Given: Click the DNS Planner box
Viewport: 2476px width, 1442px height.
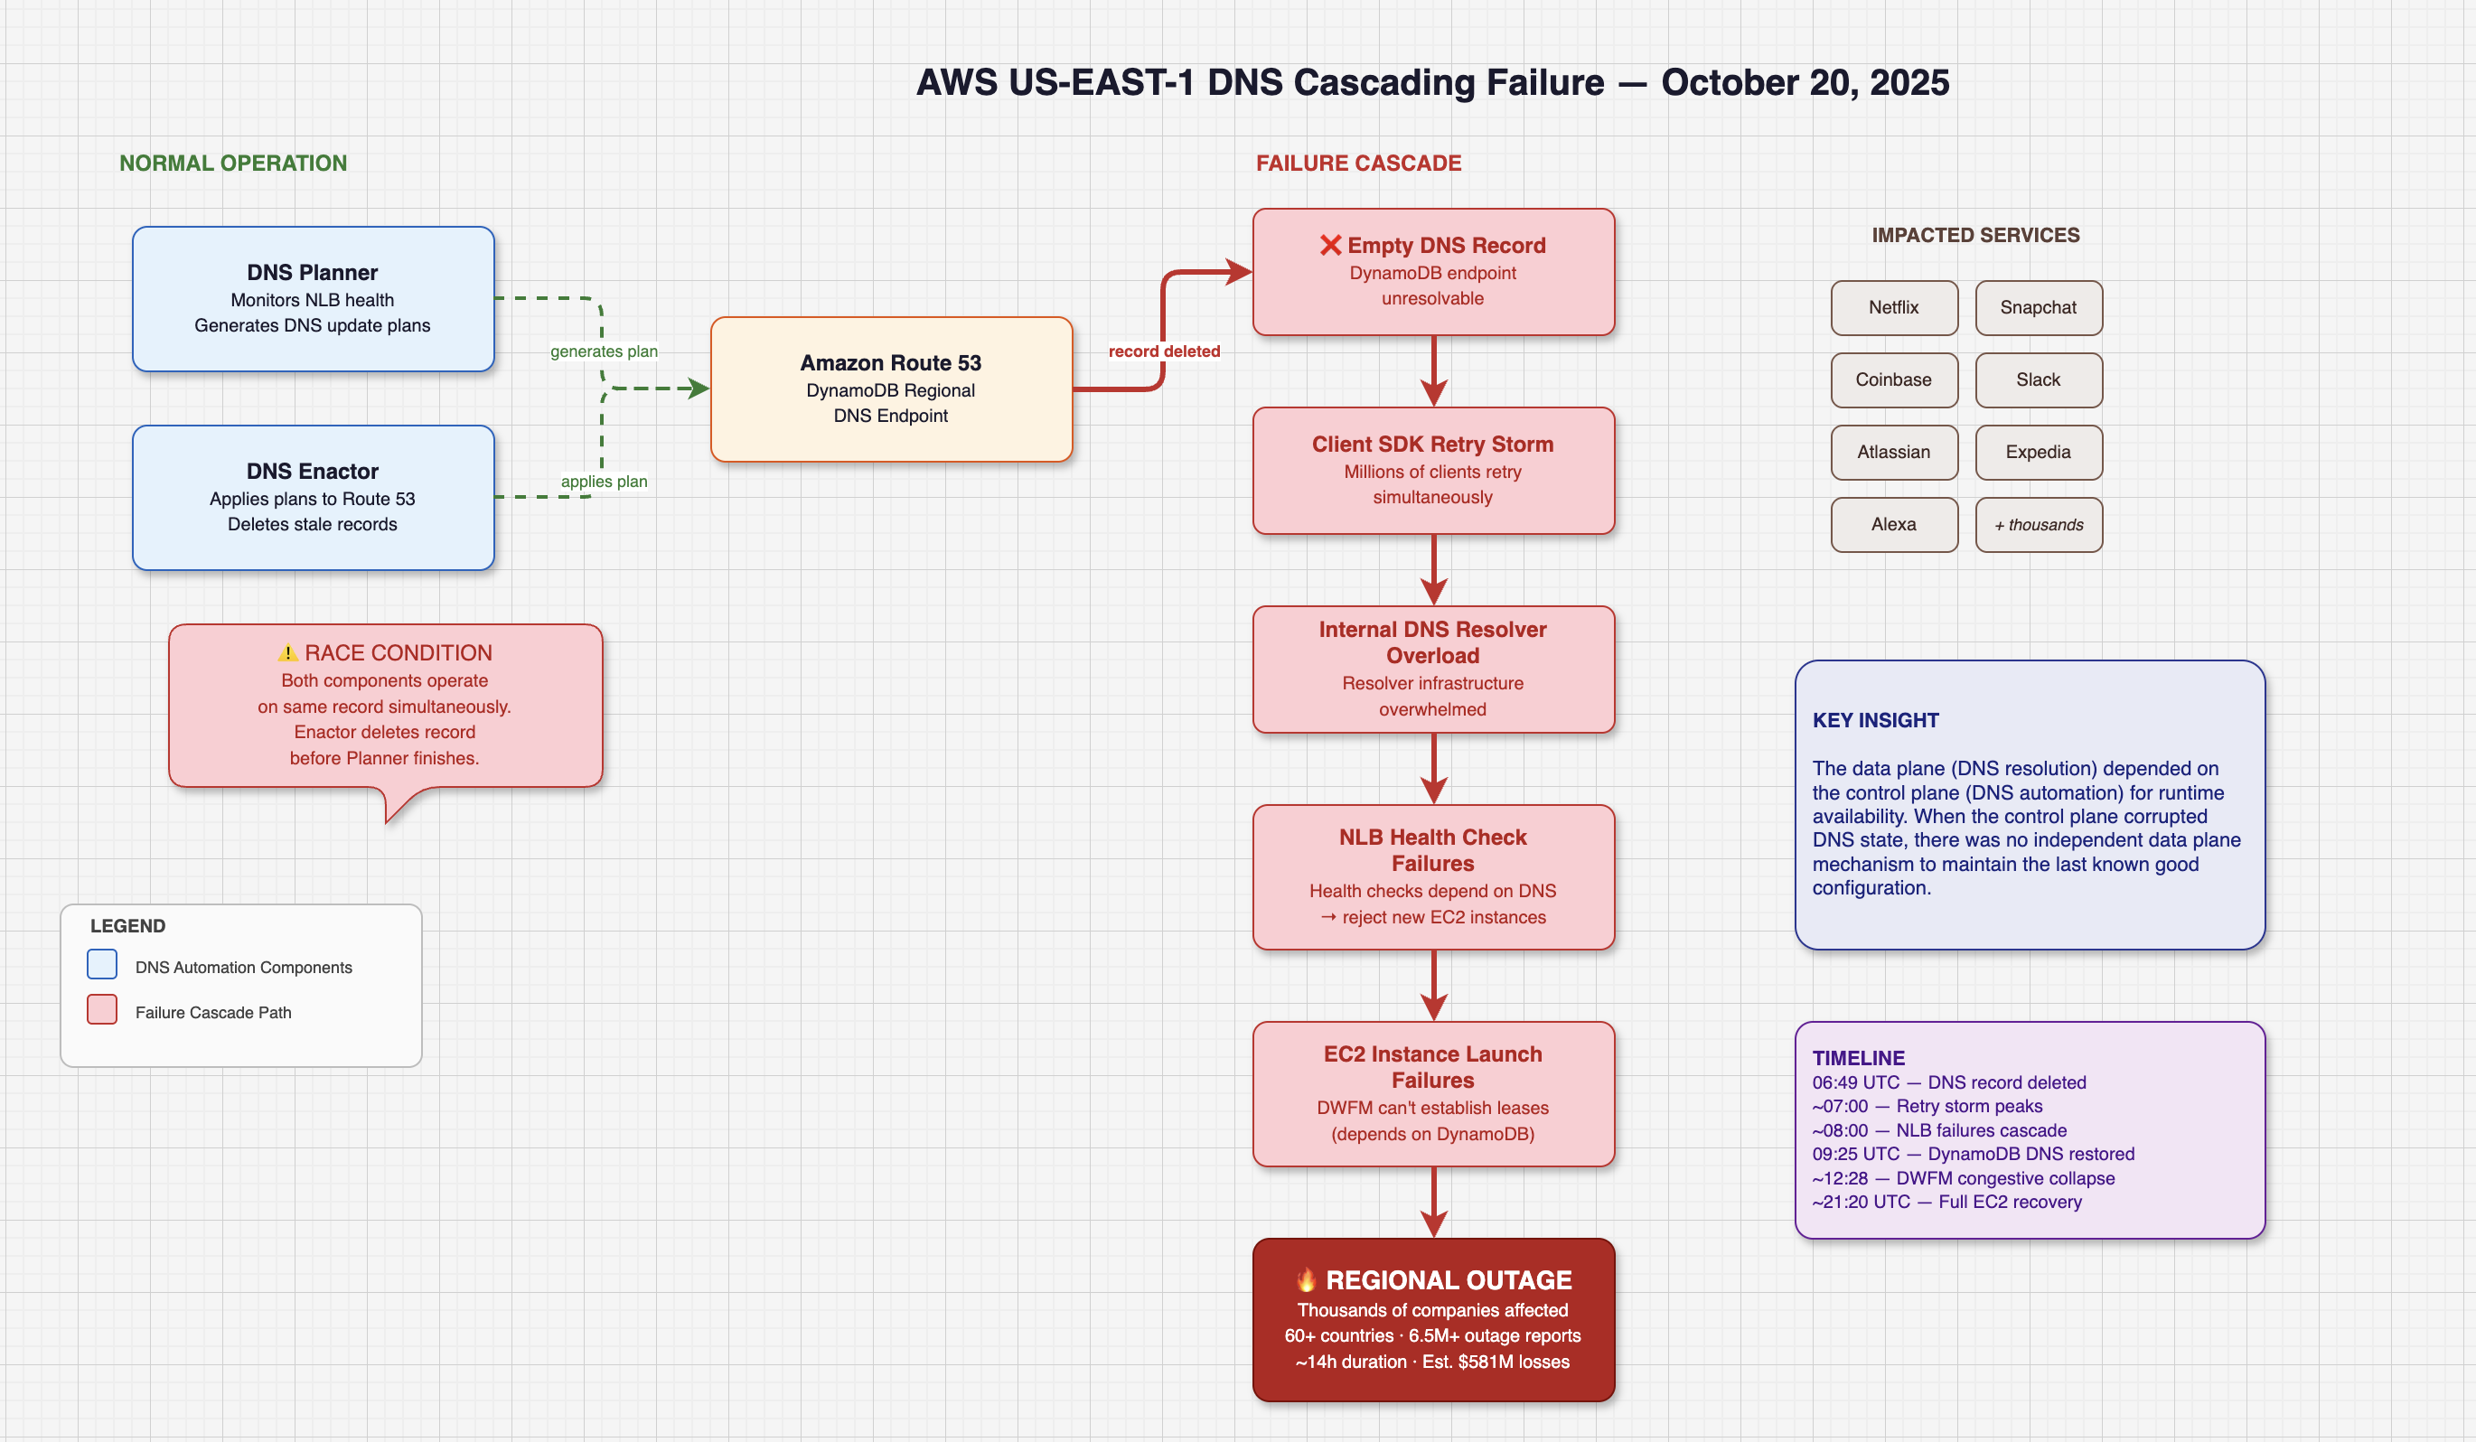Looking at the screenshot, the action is [x=314, y=299].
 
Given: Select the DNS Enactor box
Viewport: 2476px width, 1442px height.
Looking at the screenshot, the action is [x=314, y=497].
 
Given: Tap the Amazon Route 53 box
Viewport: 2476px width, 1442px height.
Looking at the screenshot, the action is [x=891, y=389].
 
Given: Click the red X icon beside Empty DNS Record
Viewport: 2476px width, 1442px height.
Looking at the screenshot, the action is [x=1330, y=245].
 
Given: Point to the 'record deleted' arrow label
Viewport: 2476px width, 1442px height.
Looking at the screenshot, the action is [x=1164, y=351].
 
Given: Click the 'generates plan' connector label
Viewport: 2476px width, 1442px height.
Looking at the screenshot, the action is [x=604, y=351].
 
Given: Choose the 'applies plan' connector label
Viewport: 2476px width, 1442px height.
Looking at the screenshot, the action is [x=604, y=482].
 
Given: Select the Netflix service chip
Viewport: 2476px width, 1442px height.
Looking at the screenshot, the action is [x=1893, y=307].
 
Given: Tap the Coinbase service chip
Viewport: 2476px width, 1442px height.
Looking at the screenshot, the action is [x=1893, y=380].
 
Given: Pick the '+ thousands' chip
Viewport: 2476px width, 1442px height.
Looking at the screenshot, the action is [x=2039, y=525].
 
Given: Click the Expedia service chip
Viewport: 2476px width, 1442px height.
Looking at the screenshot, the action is [x=2039, y=452].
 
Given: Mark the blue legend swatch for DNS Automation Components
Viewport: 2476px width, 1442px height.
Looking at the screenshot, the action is [x=102, y=965].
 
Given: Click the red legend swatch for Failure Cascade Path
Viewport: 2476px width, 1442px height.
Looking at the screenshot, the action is [x=102, y=1010].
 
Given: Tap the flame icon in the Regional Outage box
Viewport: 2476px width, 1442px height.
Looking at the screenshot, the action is [x=1306, y=1279].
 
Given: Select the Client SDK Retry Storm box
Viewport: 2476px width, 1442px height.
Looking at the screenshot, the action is [x=1433, y=471].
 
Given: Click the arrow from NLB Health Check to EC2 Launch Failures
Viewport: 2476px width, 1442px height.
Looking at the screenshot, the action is [x=1433, y=985].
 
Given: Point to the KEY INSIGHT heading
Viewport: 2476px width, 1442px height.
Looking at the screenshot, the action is [x=1876, y=720].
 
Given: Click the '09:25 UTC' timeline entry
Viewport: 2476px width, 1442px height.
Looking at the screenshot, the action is [x=1973, y=1154].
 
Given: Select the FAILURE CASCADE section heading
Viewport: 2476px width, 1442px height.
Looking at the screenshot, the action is [x=1359, y=163].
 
